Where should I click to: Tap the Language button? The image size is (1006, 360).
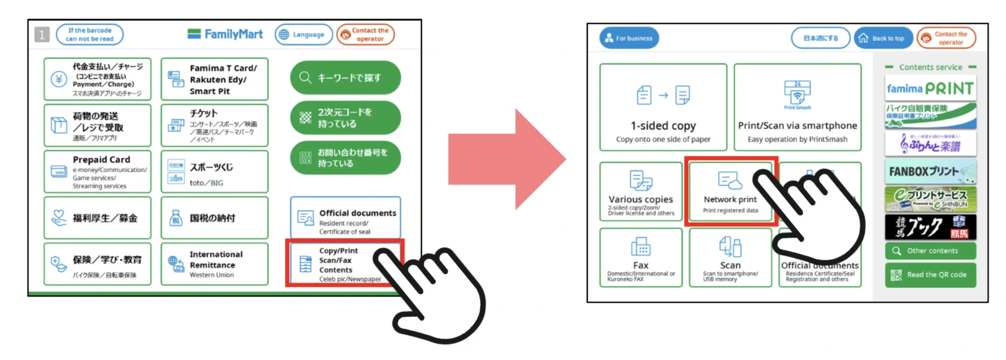(x=303, y=35)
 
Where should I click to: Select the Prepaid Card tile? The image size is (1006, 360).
(x=97, y=172)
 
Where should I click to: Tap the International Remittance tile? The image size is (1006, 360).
(x=214, y=264)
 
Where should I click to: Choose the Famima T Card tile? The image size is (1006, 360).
(x=214, y=79)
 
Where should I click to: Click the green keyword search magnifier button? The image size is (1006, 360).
(x=345, y=77)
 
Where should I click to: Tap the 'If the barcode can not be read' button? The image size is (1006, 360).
(x=90, y=35)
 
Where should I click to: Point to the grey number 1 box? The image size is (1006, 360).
(x=42, y=35)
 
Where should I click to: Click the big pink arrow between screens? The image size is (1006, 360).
(x=507, y=159)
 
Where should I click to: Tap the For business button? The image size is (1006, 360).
(x=628, y=38)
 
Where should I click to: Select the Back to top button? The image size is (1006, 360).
(x=883, y=38)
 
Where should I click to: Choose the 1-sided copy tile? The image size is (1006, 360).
(x=663, y=107)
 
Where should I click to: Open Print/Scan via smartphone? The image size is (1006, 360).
(x=797, y=107)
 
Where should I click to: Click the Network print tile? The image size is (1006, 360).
(x=730, y=192)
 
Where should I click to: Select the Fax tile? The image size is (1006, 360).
(x=641, y=257)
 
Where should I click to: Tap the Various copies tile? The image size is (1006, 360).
(x=641, y=192)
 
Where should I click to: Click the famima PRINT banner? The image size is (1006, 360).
(x=930, y=88)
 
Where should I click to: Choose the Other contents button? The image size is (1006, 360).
(x=930, y=251)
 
